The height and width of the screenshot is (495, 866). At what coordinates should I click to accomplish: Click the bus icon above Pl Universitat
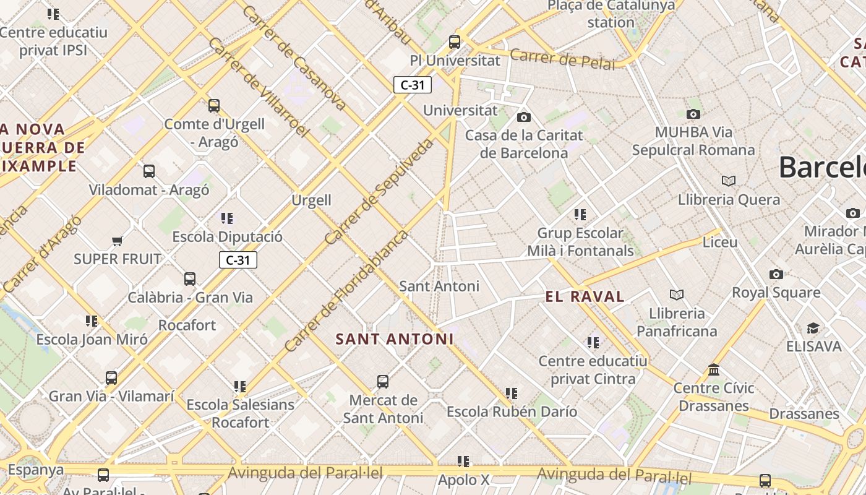point(455,42)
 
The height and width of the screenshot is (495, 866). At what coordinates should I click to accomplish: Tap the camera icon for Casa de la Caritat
point(524,117)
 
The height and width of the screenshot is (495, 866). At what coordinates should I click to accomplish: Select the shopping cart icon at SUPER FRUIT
point(117,240)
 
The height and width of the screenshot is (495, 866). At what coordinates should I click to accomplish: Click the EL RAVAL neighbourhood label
point(585,296)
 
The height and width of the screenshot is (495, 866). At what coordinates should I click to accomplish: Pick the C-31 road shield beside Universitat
point(413,85)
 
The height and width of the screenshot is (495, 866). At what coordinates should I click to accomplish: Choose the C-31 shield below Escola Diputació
point(238,260)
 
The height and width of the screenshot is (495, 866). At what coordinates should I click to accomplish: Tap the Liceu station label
point(720,242)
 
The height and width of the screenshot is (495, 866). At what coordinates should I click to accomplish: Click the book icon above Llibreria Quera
point(729,181)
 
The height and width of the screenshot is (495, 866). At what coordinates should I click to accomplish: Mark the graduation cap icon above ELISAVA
point(813,328)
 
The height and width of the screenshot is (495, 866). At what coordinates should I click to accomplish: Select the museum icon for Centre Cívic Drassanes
point(714,369)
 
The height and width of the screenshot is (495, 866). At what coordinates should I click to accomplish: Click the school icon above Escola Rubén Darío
point(512,393)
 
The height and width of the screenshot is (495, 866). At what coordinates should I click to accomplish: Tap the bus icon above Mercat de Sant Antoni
point(383,381)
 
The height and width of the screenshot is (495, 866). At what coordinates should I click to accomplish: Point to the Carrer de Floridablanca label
point(347,291)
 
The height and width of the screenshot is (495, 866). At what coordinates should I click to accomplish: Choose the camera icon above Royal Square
point(776,274)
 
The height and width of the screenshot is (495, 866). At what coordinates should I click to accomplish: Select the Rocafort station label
point(187,325)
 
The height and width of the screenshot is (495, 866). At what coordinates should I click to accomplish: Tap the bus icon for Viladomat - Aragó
point(149,171)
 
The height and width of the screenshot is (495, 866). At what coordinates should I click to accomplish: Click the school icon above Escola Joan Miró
point(92,321)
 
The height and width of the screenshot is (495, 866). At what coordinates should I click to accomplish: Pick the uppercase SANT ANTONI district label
point(395,339)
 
